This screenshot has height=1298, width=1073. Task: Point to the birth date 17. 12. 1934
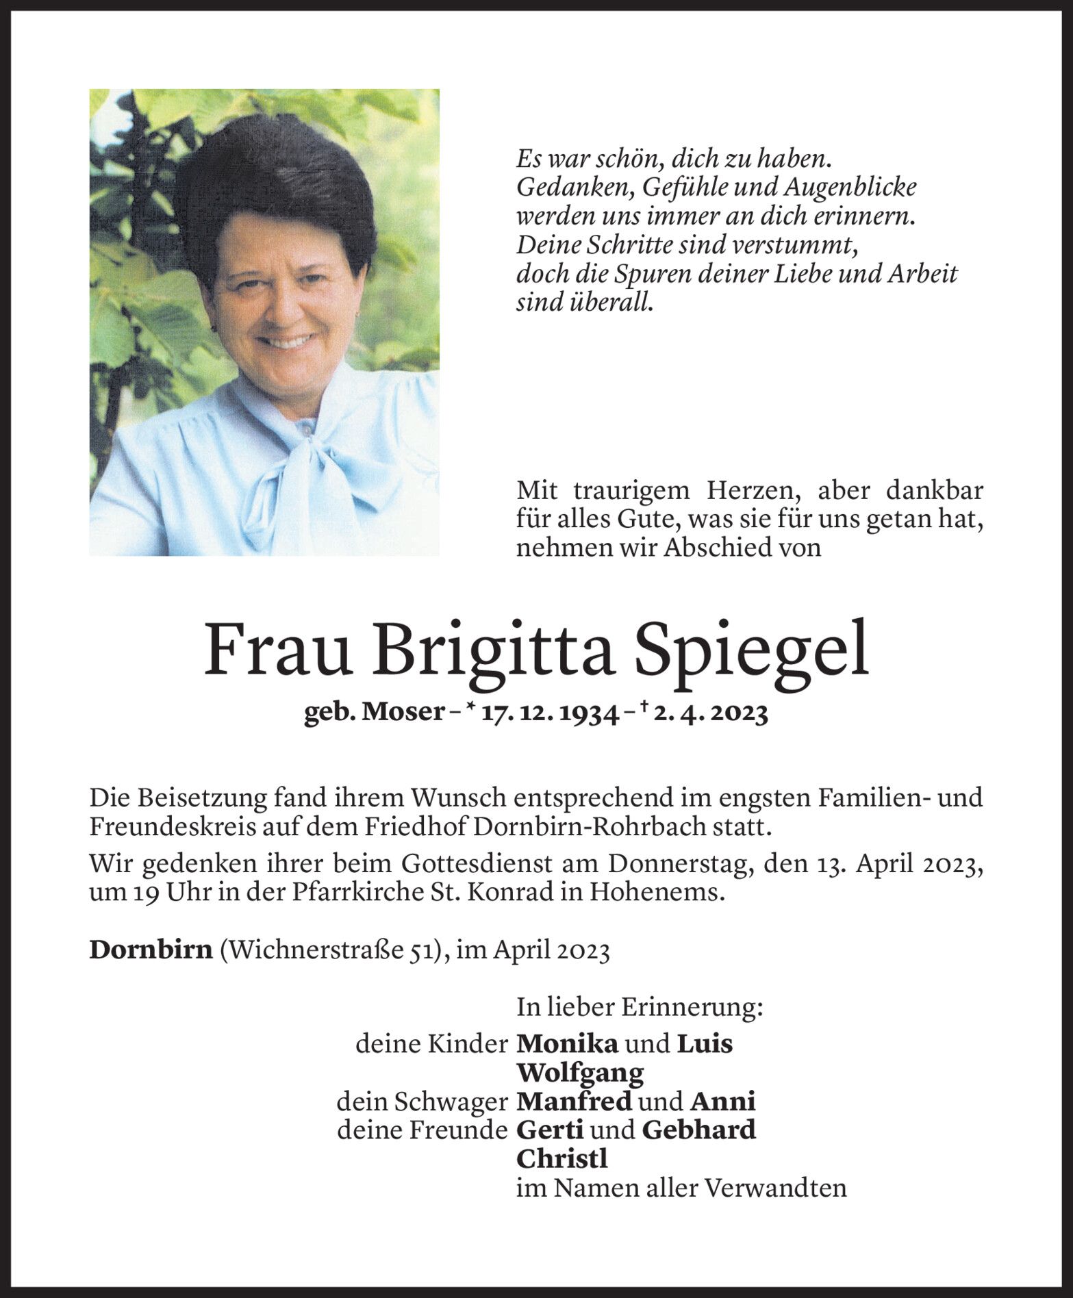[x=545, y=714]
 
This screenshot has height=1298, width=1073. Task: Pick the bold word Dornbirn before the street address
[x=151, y=952]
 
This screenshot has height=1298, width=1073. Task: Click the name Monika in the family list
[x=567, y=1043]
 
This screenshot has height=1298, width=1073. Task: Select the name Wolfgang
[x=580, y=1072]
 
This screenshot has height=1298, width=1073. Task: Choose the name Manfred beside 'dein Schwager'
[x=574, y=1101]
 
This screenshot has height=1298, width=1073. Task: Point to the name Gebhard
[x=698, y=1130]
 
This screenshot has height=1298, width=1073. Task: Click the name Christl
[x=562, y=1158]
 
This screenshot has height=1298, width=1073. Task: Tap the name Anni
[x=722, y=1101]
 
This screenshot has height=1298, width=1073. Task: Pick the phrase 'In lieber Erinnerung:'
[x=640, y=1007]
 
